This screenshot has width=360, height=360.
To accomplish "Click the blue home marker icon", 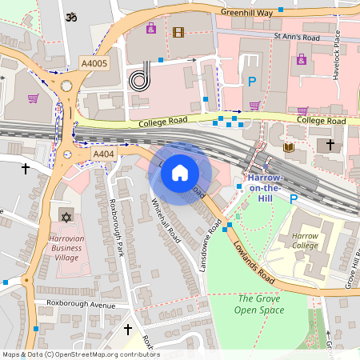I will [180, 173].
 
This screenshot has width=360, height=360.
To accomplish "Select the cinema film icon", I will [177, 33].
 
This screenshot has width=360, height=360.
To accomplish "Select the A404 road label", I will [105, 154].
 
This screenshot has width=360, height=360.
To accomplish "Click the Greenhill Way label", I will [246, 13].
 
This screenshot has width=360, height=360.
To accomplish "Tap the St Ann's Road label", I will [298, 37].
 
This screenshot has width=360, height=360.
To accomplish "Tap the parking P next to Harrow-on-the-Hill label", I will [293, 198].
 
